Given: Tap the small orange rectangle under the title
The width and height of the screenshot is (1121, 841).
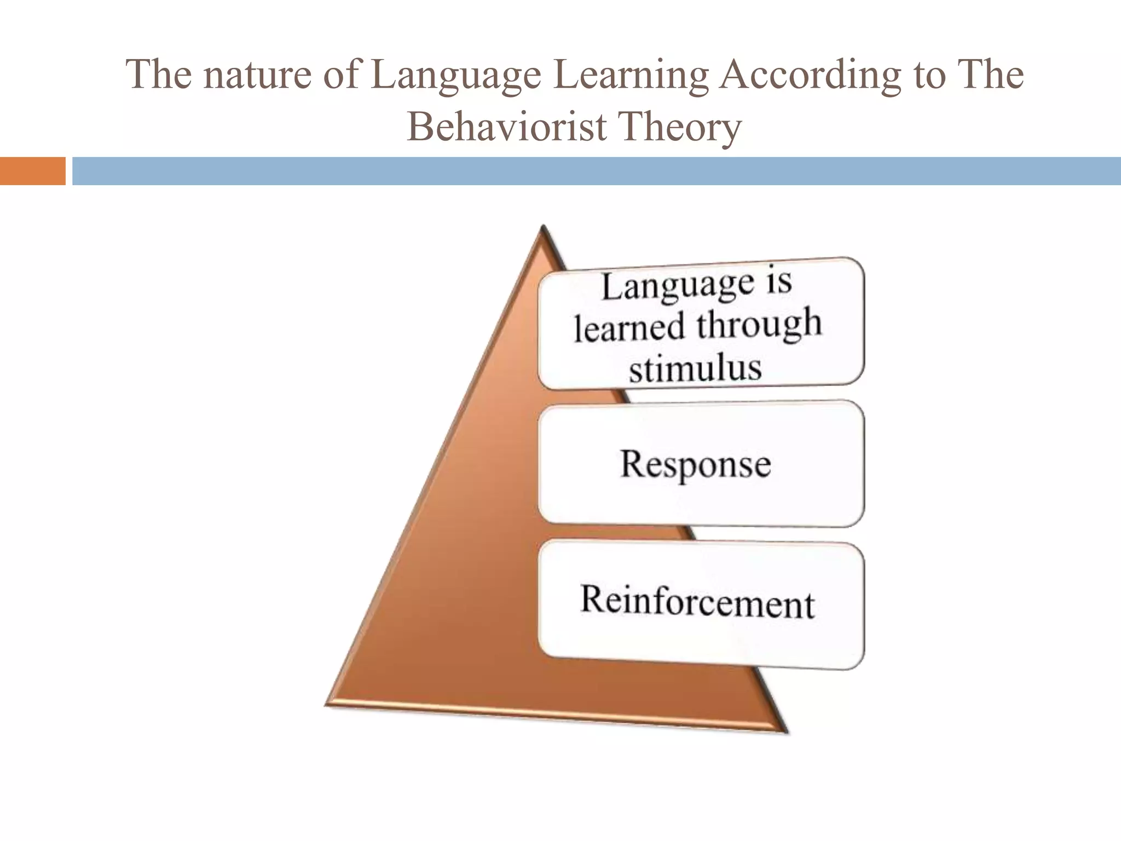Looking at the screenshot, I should pyautogui.click(x=32, y=171).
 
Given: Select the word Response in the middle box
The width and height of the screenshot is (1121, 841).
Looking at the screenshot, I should pyautogui.click(x=696, y=464).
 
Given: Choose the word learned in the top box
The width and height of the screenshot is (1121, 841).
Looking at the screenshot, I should pyautogui.click(x=629, y=327).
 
